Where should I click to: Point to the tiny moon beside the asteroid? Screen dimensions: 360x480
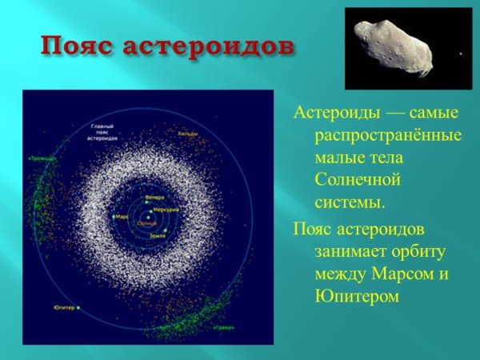pos(459,54)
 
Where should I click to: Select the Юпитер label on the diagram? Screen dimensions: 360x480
pos(65,307)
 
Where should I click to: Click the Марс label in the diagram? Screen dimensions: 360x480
pos(122,216)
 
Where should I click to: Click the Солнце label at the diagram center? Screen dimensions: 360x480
pos(147,223)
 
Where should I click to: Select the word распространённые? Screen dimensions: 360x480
pos(375,131)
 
